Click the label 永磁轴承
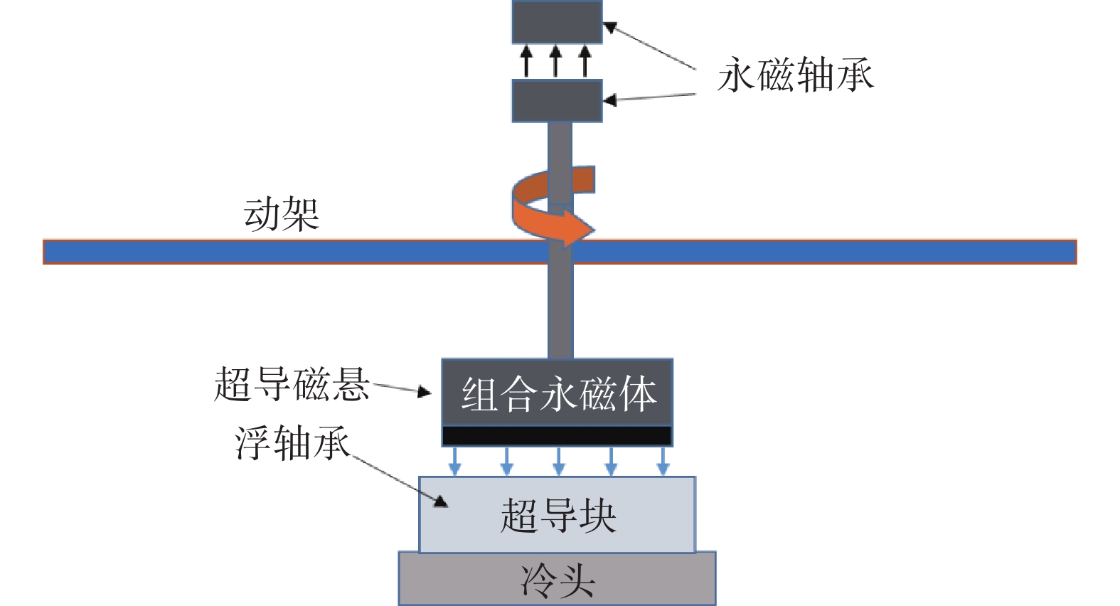tap(796, 75)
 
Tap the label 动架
tap(282, 214)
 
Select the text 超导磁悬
tap(292, 384)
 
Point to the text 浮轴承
tap(292, 443)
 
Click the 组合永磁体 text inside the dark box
tap(559, 394)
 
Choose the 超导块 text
tap(558, 516)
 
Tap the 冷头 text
tap(558, 581)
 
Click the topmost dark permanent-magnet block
tap(557, 22)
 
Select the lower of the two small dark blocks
tap(557, 100)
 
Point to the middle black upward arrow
tap(555, 61)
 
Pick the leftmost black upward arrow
tap(526, 61)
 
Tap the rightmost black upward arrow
tap(585, 61)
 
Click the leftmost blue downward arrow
tap(454, 462)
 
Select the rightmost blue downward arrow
tap(663, 462)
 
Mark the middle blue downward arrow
tap(558, 462)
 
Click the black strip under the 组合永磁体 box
tap(557, 436)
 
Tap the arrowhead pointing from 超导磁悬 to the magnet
tap(425, 392)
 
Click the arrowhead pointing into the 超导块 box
tap(440, 501)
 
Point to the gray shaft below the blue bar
tap(560, 311)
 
